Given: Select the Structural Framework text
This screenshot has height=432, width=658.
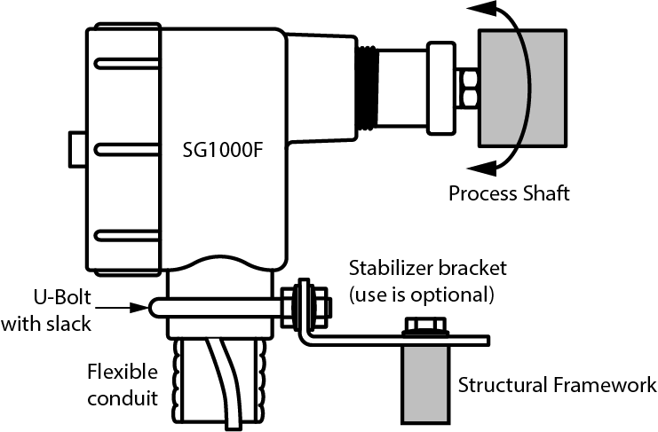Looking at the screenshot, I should point(557,385).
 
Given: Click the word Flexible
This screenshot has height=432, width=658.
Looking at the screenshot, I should point(123,371).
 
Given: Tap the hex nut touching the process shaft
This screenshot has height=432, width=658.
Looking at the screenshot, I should point(466,86).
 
